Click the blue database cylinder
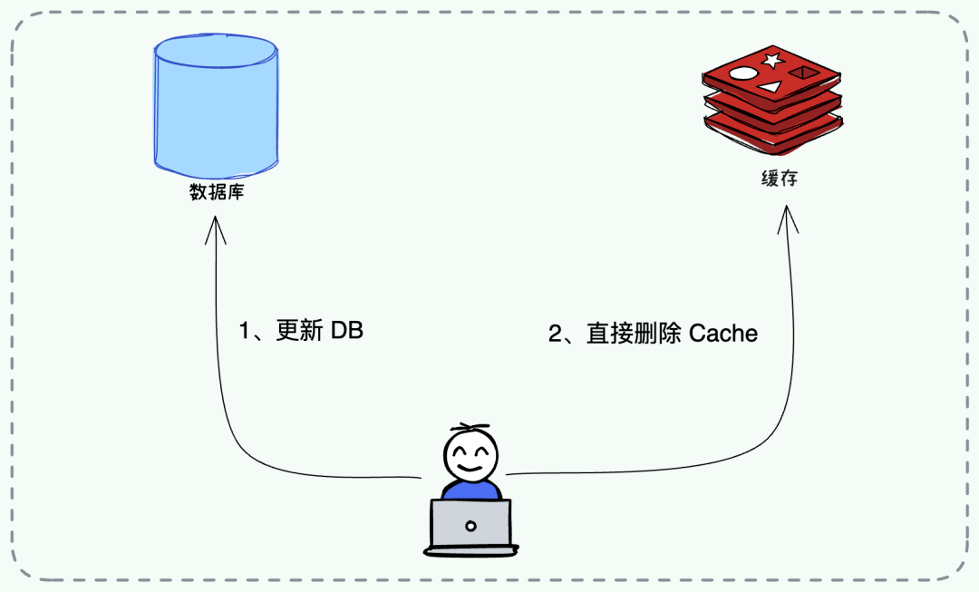pos(216,109)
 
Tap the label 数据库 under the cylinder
pos(216,193)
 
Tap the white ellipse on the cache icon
pos(742,74)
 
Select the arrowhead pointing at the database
pos(215,227)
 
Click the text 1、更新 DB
pos(300,331)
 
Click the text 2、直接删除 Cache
pos(653,334)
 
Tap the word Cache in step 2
pos(723,334)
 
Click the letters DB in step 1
pos(346,331)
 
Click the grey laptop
pos(470,526)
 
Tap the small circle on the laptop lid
pos(470,525)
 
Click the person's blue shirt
pos(470,490)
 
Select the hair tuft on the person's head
pos(470,427)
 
